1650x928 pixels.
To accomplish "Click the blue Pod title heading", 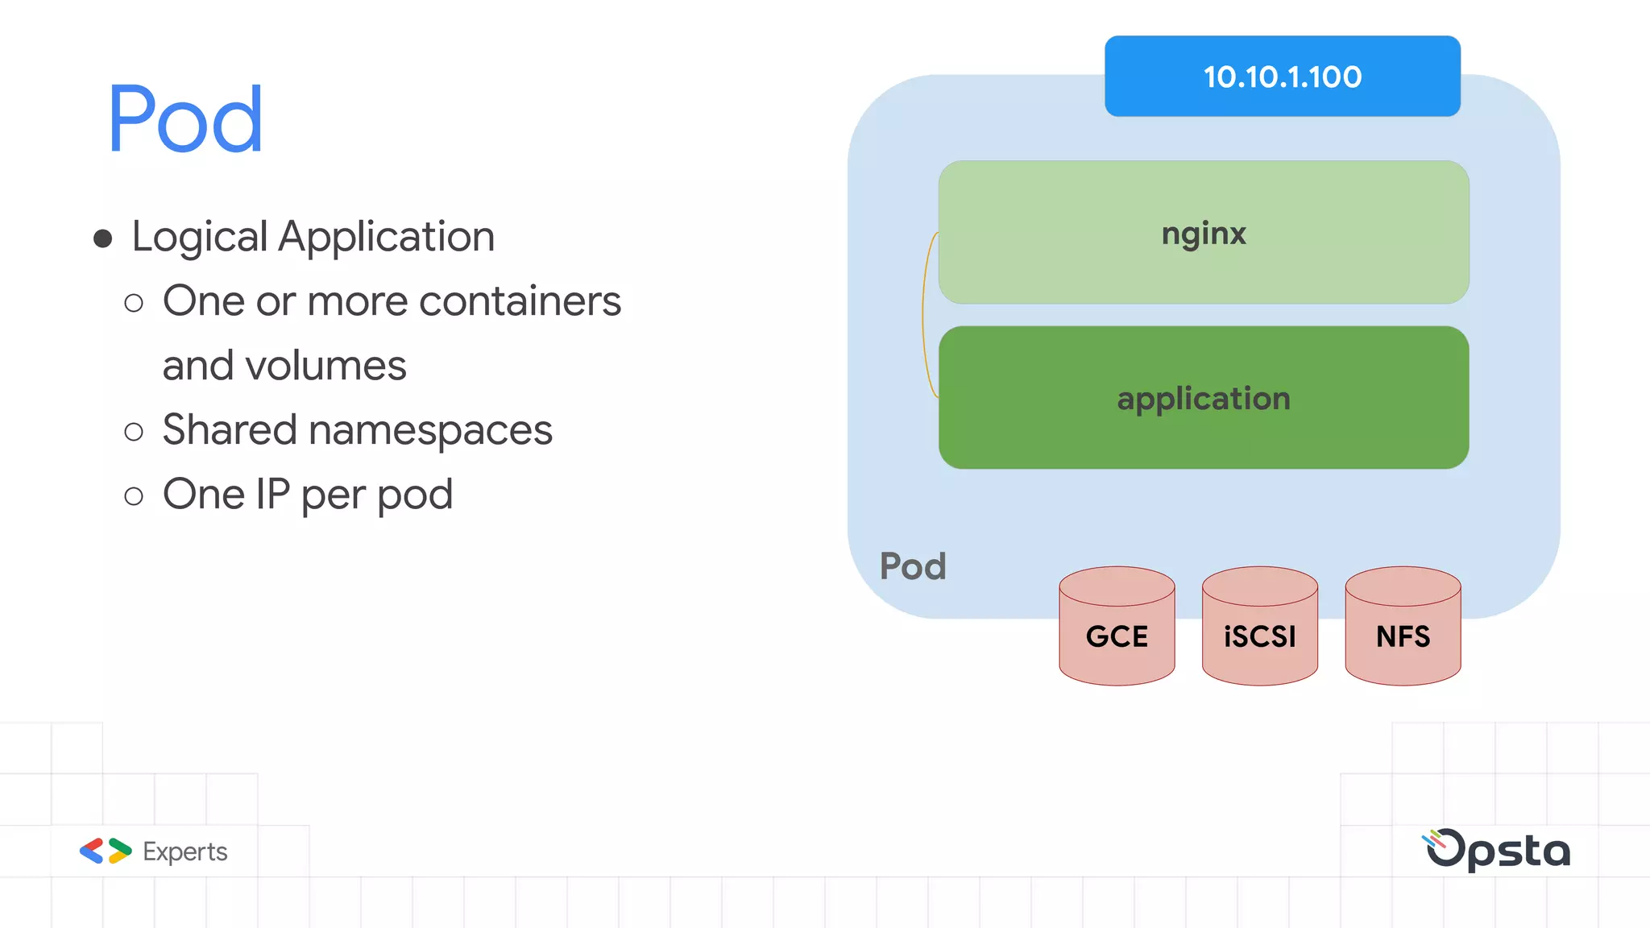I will coord(185,119).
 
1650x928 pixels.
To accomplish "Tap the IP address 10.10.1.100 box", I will coord(1282,77).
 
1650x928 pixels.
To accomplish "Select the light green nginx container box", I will coord(1203,233).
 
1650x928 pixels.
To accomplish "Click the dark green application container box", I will coord(1203,398).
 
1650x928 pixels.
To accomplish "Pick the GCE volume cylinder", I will coord(1117,636).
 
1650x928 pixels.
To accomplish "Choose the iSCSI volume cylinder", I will coord(1259,636).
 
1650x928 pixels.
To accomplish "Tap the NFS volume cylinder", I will coord(1403,636).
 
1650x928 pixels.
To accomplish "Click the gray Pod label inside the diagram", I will coord(912,566).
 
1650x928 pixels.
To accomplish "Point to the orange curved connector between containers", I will coord(924,314).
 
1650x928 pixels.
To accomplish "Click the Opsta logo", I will coord(1497,850).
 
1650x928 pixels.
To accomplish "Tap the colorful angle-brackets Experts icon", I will coord(106,851).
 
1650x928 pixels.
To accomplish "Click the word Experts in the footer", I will coord(184,851).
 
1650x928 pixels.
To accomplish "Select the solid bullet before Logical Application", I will coord(102,238).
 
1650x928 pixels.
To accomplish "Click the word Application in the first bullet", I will coord(386,237).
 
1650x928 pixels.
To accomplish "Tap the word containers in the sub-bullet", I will coord(520,301).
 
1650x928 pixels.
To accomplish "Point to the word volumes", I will coord(325,366).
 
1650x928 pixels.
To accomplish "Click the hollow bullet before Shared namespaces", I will coord(134,432).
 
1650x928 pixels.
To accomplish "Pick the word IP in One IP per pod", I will coord(272,494).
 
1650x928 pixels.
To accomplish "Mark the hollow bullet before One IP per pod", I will coord(134,496).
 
